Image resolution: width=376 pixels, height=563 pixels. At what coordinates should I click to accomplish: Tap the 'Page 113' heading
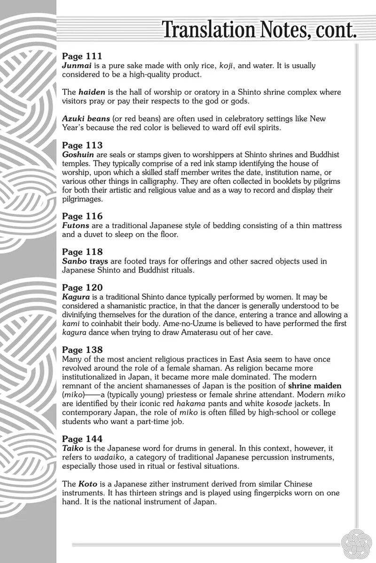pyautogui.click(x=82, y=145)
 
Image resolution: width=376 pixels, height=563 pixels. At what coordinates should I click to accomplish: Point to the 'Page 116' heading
pyautogui.click(x=82, y=216)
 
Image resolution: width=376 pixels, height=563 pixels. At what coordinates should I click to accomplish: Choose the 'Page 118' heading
pyautogui.click(x=82, y=252)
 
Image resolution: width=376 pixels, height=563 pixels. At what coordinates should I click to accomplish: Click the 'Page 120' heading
pyautogui.click(x=82, y=287)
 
